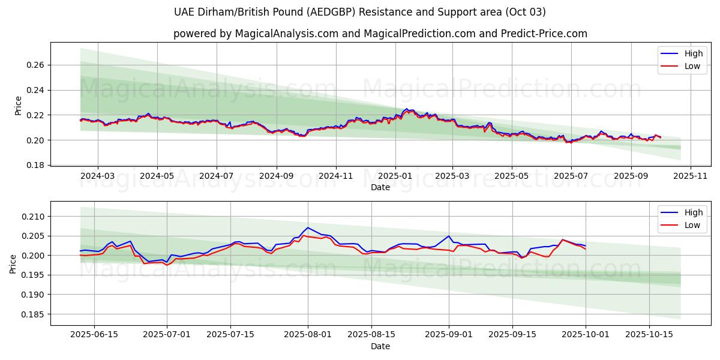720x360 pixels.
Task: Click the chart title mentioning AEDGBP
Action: point(360,12)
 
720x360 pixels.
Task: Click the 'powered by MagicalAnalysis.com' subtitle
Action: point(380,34)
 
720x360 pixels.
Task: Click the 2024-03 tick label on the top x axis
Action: point(97,176)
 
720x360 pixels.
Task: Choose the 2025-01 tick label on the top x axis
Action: point(395,176)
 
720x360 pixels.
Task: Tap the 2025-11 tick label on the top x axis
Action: point(691,176)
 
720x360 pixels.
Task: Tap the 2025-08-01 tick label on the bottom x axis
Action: point(308,335)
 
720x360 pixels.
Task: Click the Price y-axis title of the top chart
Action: point(18,106)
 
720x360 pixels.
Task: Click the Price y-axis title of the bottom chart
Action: point(13,263)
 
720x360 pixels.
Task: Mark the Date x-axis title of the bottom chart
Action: point(380,346)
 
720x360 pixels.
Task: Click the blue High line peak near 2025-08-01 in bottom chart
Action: point(308,227)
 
